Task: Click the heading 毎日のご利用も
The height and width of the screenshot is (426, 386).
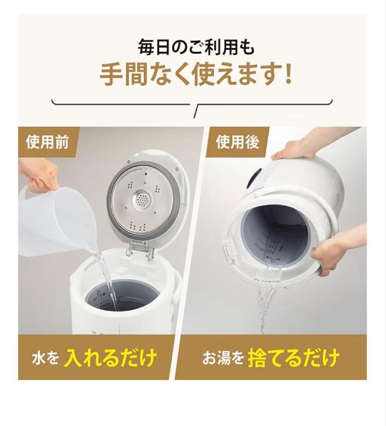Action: click(196, 49)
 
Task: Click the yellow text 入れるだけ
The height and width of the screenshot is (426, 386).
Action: click(111, 358)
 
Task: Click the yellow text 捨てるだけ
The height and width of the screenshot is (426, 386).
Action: click(294, 358)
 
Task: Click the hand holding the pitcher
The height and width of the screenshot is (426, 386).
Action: click(37, 176)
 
